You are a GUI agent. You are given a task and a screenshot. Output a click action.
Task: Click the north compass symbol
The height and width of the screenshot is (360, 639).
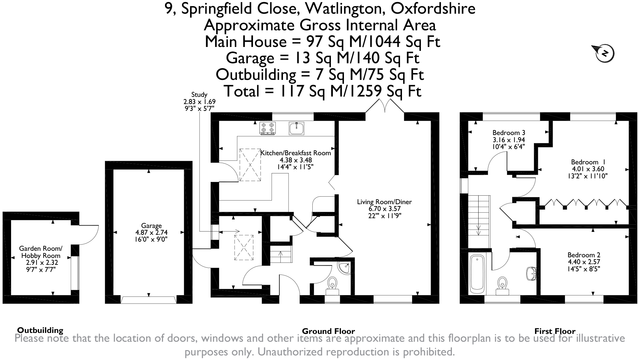[x=604, y=53]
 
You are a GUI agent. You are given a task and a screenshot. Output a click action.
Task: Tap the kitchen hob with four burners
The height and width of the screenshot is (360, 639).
[x=267, y=128]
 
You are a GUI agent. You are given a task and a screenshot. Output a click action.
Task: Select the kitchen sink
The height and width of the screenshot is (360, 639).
[x=296, y=128]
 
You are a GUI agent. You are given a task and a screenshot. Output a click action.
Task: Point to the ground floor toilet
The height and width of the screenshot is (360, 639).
[x=333, y=284]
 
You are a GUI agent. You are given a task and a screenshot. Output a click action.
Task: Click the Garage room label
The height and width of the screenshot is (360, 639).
[x=151, y=226]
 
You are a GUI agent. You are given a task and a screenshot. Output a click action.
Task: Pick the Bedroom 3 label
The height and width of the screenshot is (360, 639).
[x=509, y=133]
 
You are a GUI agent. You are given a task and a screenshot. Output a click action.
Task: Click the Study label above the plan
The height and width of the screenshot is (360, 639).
[x=199, y=95]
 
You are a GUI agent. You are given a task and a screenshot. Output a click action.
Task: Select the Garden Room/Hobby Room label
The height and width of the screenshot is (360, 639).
[x=41, y=252]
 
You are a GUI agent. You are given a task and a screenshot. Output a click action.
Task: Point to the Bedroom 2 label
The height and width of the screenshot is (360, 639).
[x=584, y=255]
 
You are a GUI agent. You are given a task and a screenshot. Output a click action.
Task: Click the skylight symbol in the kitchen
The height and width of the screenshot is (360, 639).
[x=250, y=165]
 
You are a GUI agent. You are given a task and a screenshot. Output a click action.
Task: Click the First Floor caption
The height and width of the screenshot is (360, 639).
[x=555, y=331]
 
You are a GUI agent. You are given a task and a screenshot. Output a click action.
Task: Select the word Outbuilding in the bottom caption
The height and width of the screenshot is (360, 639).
[x=40, y=330]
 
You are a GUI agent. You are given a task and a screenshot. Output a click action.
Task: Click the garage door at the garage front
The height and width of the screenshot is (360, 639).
[x=149, y=300]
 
